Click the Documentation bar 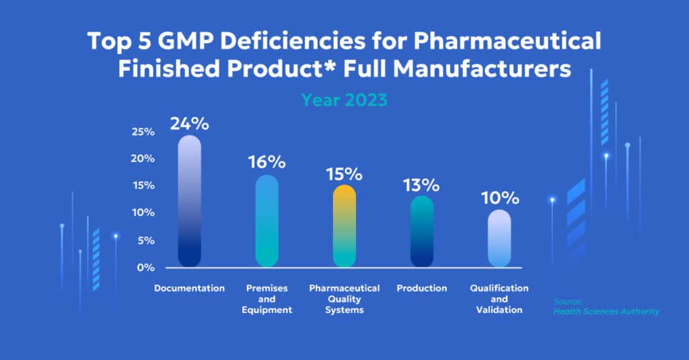tap(189, 201)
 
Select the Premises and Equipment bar tap(267, 221)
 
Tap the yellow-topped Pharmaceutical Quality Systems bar tap(344, 225)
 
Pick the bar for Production tap(422, 231)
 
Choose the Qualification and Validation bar tap(499, 238)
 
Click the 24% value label tap(189, 124)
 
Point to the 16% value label tap(266, 162)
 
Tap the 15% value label tap(344, 174)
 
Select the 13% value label tap(421, 184)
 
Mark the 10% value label tap(499, 199)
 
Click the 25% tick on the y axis tap(143, 131)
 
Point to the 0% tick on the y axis tap(145, 267)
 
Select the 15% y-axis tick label tap(143, 186)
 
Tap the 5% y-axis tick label tap(145, 240)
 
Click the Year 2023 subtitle tap(344, 100)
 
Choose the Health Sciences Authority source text tap(606, 311)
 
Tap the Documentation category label tap(189, 288)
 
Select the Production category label tap(422, 288)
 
